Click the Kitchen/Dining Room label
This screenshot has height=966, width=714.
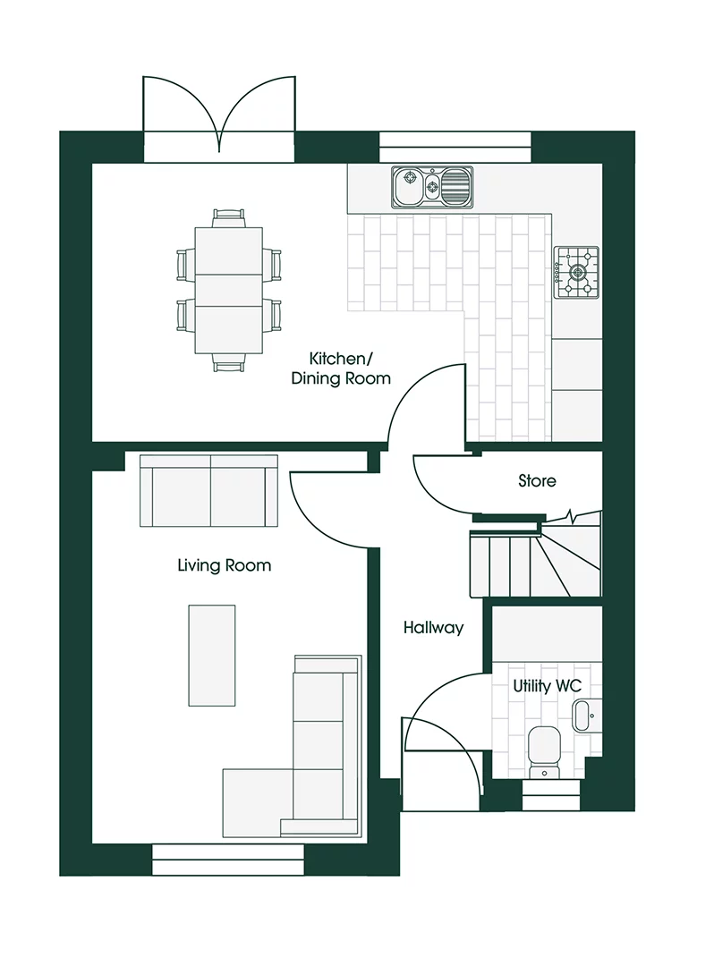click(x=341, y=369)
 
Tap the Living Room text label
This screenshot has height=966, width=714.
click(x=224, y=565)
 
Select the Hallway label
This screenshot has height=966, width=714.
click(x=433, y=628)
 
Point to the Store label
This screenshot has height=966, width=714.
click(x=537, y=481)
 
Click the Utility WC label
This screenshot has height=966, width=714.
click(x=547, y=686)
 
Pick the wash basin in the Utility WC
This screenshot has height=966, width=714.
click(x=582, y=716)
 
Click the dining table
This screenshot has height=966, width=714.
click(x=228, y=290)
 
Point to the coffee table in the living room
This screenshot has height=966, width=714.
click(x=212, y=655)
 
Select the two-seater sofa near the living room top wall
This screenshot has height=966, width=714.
click(x=210, y=491)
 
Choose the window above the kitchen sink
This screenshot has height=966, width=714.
click(x=455, y=148)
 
